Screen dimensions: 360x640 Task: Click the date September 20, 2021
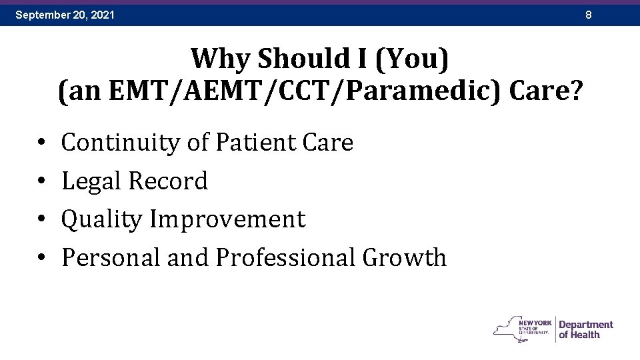(x=65, y=14)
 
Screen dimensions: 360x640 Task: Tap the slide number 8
(x=589, y=14)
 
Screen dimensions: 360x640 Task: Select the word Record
(x=169, y=181)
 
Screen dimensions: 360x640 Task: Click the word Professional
(x=286, y=257)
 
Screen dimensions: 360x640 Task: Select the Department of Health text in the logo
(x=585, y=329)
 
